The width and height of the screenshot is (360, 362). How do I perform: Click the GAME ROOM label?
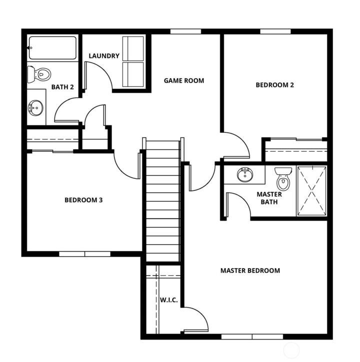click(x=184, y=80)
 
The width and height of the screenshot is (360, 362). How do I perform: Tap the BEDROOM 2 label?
click(x=274, y=85)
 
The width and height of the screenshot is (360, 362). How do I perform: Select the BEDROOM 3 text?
click(x=83, y=200)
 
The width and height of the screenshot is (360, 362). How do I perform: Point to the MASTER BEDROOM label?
click(x=250, y=271)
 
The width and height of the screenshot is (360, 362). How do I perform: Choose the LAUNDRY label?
click(x=104, y=56)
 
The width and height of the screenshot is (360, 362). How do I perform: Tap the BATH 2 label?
click(x=62, y=87)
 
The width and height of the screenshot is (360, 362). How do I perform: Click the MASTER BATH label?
click(x=269, y=198)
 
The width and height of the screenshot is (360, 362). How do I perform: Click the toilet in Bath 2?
click(x=39, y=74)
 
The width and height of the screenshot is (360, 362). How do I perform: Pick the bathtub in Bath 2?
click(x=52, y=48)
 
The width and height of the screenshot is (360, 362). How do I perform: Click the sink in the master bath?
click(x=245, y=175)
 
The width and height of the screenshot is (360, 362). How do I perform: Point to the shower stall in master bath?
click(x=311, y=191)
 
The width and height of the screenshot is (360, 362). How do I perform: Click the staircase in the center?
click(x=162, y=200)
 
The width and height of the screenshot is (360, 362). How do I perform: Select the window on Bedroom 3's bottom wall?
click(x=84, y=254)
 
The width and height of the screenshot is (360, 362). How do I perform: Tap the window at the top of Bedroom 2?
click(x=275, y=31)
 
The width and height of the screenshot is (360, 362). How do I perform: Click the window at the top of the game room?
click(x=185, y=31)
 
